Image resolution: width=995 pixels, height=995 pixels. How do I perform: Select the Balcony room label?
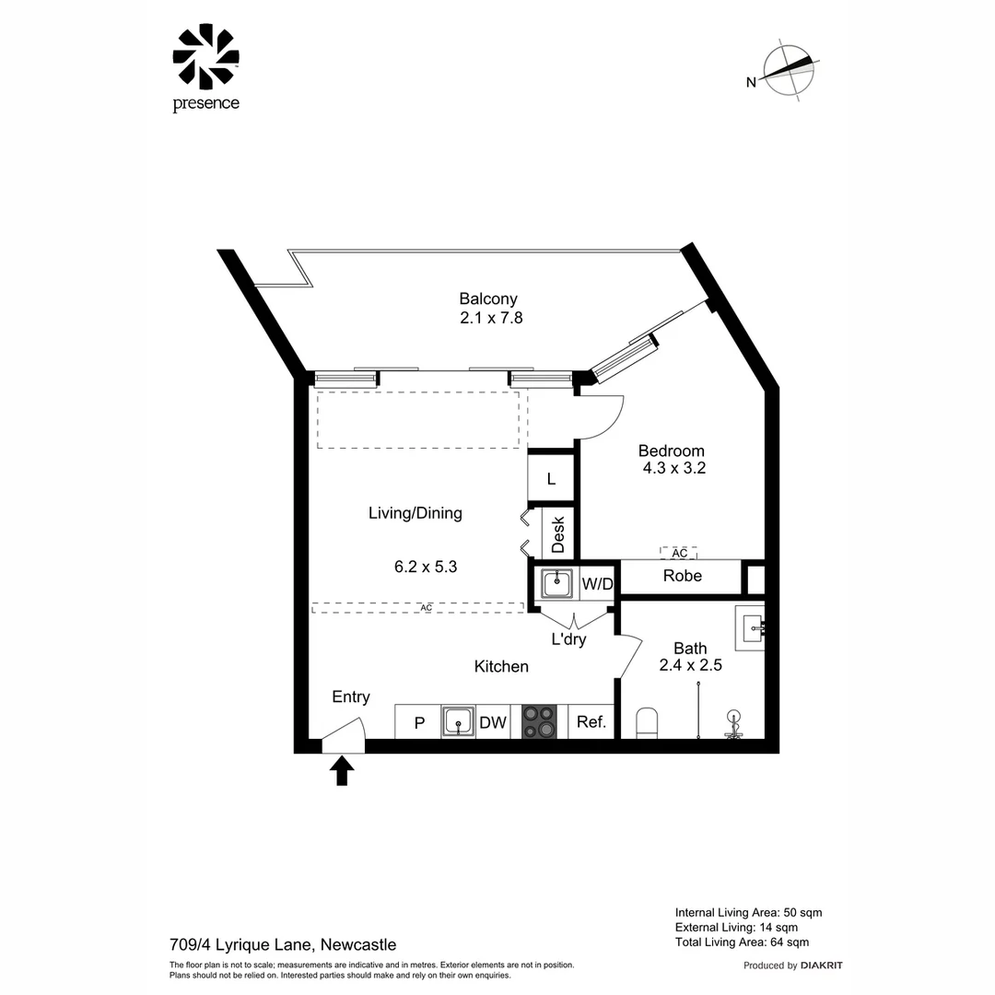[488, 298]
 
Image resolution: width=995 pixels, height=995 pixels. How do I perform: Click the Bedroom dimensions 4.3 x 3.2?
[673, 468]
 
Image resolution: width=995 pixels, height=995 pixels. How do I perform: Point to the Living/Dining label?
[415, 513]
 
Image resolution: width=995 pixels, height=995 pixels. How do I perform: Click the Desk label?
[557, 534]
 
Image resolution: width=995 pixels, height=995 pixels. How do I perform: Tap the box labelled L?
[551, 479]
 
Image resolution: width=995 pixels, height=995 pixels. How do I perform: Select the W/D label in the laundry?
[597, 583]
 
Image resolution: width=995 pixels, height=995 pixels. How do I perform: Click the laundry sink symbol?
[556, 583]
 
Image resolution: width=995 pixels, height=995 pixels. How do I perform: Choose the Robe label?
[683, 576]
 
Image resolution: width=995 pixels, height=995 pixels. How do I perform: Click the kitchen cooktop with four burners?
[539, 721]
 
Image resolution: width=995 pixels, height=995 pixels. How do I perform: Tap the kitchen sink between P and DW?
[457, 721]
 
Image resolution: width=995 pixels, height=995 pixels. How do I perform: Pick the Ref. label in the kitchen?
[591, 722]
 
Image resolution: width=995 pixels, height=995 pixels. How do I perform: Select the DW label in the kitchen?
[493, 722]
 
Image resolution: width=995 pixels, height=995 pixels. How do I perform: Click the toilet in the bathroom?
[648, 723]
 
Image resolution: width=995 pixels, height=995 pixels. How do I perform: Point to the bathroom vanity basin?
[751, 627]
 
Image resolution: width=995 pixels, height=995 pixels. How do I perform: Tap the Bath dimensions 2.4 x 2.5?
[689, 665]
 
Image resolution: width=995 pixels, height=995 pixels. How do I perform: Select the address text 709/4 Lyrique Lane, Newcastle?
[283, 944]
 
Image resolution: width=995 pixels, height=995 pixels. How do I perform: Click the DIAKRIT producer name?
[822, 966]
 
